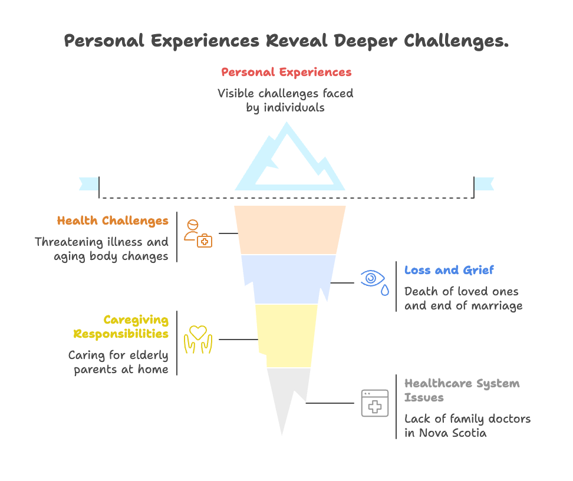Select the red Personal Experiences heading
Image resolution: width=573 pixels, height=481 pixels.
pyautogui.click(x=286, y=72)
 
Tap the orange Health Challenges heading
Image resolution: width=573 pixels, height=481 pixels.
pyautogui.click(x=113, y=221)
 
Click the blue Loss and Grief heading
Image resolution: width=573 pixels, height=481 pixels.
pyautogui.click(x=449, y=271)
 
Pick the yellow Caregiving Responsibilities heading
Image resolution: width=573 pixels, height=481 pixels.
pyautogui.click(x=121, y=327)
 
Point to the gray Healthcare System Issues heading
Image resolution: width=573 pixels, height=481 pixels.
pyautogui.click(x=462, y=390)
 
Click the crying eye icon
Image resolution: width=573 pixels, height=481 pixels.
pyautogui.click(x=374, y=281)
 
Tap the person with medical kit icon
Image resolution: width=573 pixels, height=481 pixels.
pyautogui.click(x=197, y=233)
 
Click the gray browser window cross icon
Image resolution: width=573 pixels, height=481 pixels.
pyautogui.click(x=374, y=404)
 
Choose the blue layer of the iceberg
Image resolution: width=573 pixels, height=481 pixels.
pyautogui.click(x=289, y=278)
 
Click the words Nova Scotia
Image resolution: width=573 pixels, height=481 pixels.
pyautogui.click(x=454, y=433)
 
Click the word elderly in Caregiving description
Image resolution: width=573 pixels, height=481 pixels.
pyautogui.click(x=142, y=355)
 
